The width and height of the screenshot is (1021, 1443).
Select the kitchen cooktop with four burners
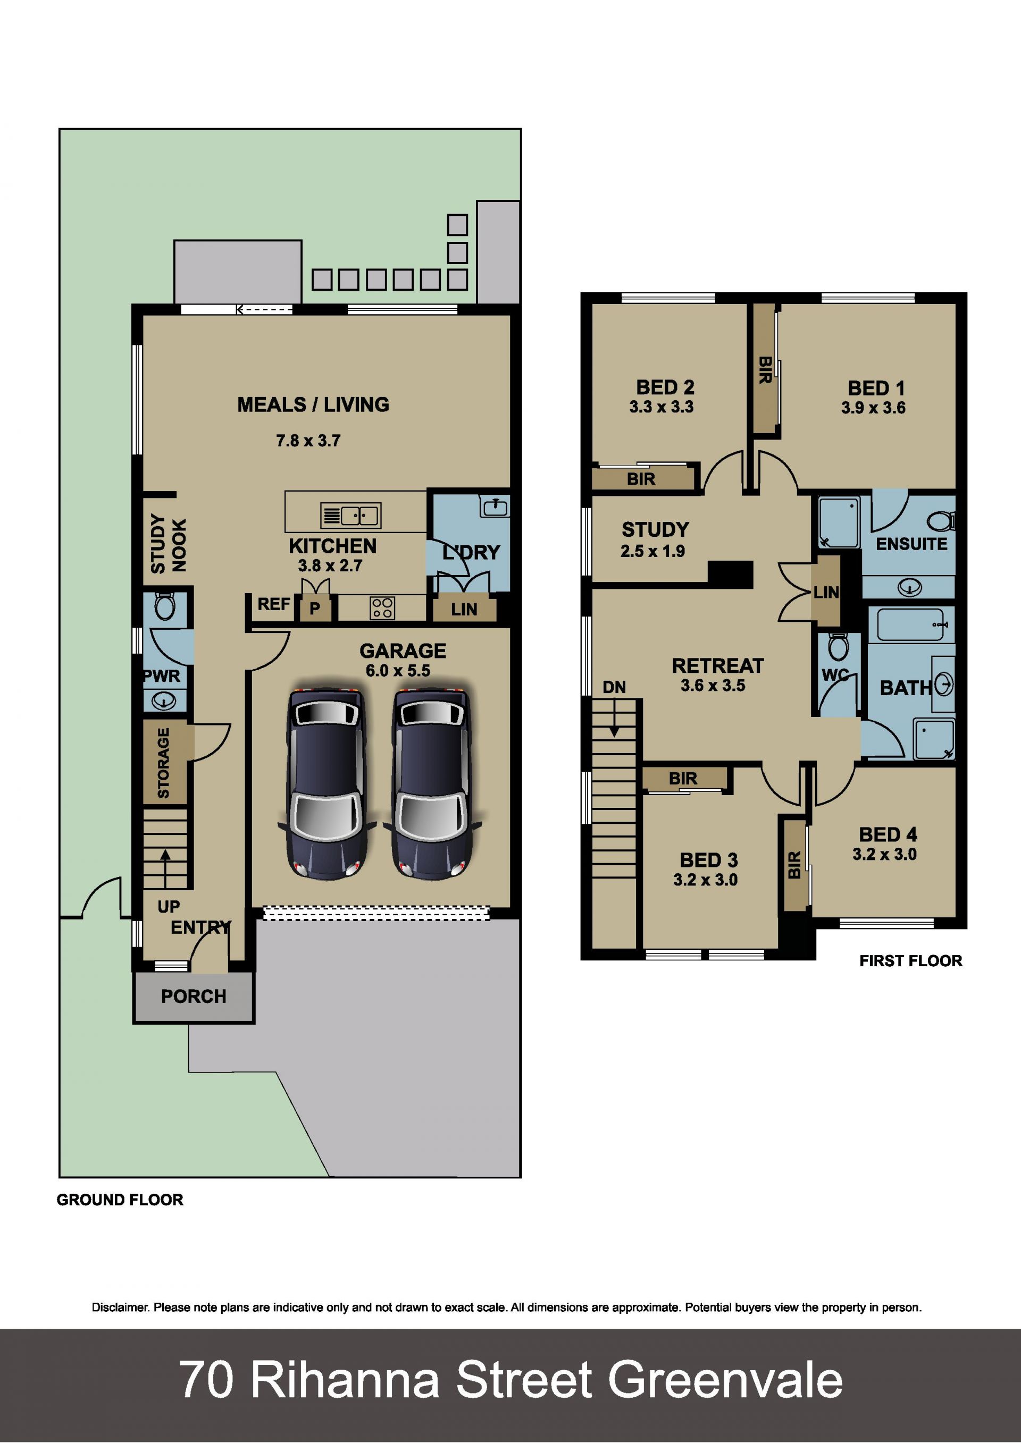[382, 607]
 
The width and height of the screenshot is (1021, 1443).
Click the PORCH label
[194, 996]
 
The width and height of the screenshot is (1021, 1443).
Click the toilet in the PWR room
[165, 606]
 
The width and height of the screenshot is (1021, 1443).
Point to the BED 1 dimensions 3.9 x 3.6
[873, 408]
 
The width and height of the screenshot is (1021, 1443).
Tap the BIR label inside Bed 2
[641, 479]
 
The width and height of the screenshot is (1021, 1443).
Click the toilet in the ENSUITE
[941, 521]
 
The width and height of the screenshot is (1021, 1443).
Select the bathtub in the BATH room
[910, 625]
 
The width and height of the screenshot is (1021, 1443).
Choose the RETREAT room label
[718, 665]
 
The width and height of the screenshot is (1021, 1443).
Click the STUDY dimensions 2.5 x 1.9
[652, 551]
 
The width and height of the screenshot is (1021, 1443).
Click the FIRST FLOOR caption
[911, 961]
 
